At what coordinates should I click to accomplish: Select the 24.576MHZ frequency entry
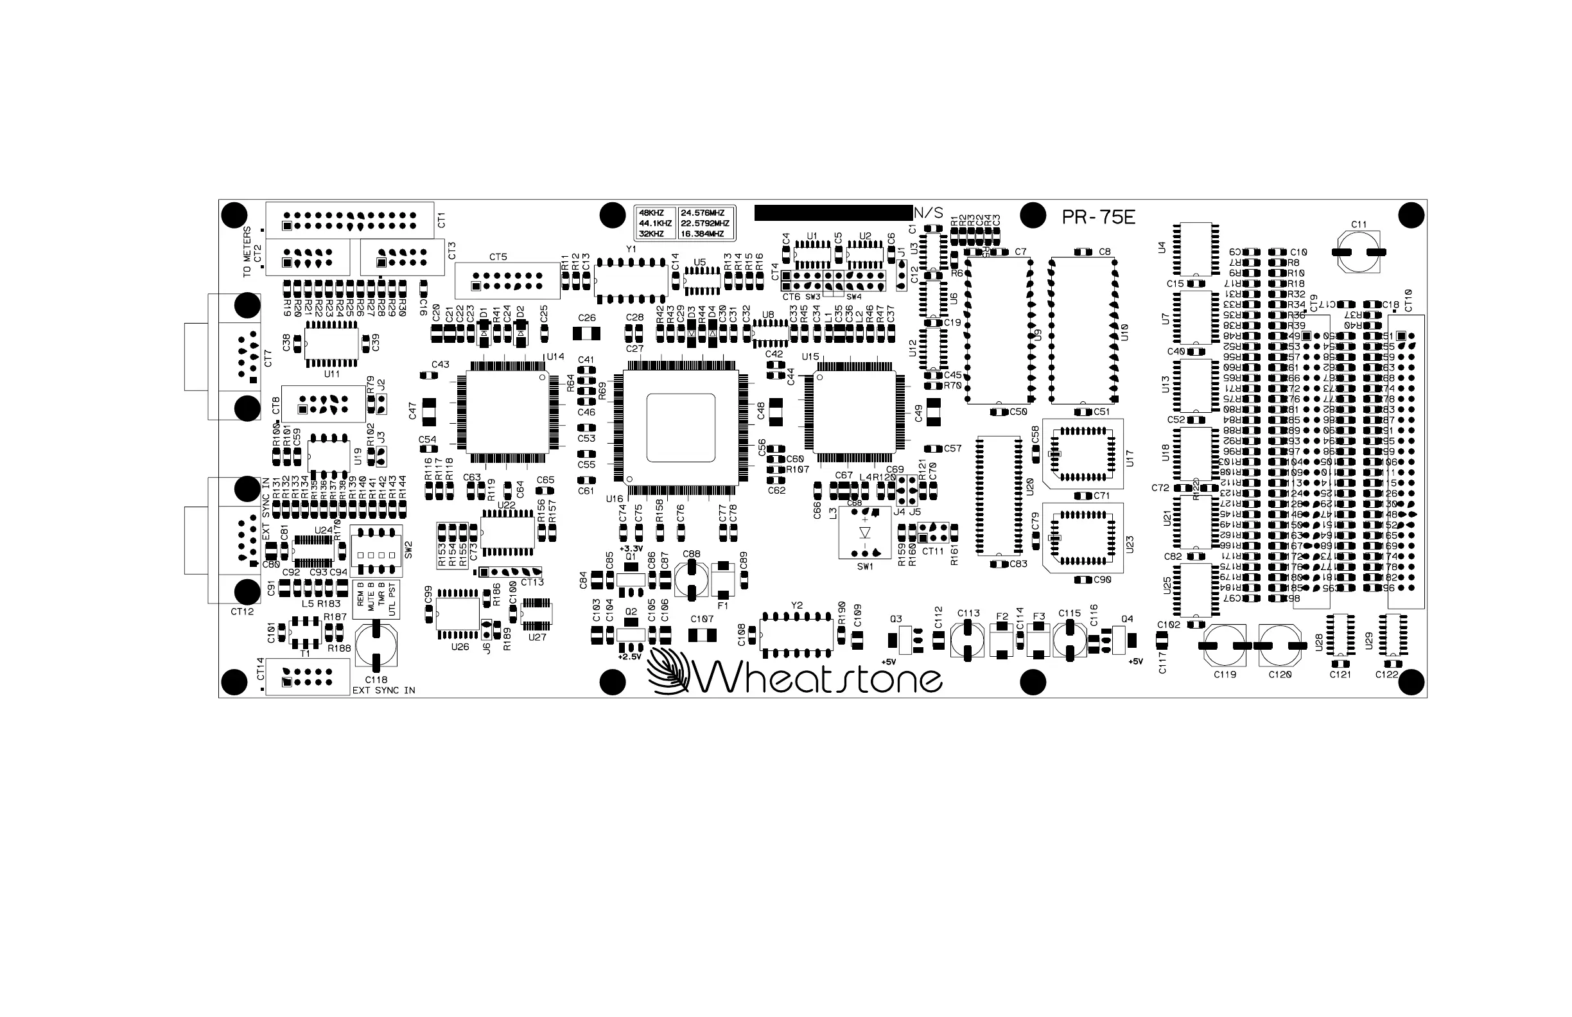pos(703,213)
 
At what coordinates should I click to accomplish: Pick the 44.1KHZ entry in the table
pos(654,224)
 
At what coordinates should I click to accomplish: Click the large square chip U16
pos(680,427)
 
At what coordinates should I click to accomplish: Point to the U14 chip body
pos(507,412)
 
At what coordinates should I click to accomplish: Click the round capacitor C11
pos(1359,252)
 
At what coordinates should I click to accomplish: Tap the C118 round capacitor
pos(376,647)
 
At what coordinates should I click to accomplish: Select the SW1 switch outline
pos(864,533)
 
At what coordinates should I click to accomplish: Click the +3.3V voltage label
pos(631,549)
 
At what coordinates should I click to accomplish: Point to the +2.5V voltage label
pos(629,657)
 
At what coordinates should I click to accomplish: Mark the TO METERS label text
pos(247,252)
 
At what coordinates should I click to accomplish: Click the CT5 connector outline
pos(507,281)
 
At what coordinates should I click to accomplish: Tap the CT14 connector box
pos(307,676)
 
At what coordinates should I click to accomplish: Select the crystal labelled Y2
pos(796,634)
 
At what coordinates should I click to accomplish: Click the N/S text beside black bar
pos(929,213)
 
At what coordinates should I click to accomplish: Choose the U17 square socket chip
pos(1083,454)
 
